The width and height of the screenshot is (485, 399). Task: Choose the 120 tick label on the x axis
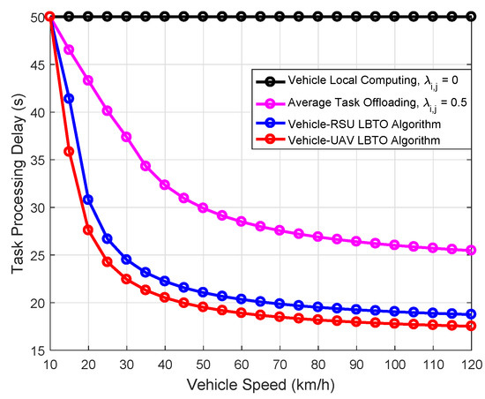(x=472, y=364)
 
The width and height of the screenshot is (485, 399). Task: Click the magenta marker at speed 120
(x=472, y=251)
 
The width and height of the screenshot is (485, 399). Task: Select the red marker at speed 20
(x=88, y=230)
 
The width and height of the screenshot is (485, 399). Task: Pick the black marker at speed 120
(x=472, y=17)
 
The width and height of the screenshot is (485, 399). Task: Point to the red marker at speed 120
(x=472, y=326)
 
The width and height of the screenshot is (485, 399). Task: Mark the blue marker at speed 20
(x=88, y=199)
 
